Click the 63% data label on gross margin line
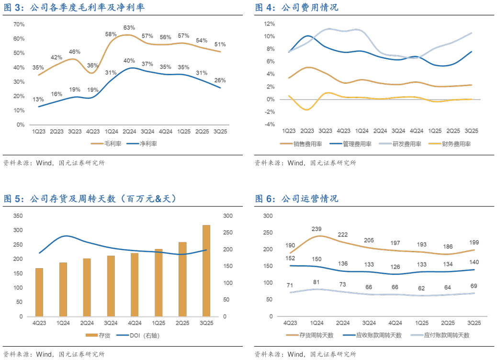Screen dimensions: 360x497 pos(129,28)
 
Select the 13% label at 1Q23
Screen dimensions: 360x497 pos(38,99)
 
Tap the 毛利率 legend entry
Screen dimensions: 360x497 pos(111,143)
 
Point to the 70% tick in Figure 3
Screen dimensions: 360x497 pos(19,24)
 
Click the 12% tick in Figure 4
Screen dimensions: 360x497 pos(269,24)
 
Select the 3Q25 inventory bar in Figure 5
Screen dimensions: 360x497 pos(206,270)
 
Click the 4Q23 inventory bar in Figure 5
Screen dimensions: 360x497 pos(39,292)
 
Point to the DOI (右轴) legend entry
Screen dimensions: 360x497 pos(146,336)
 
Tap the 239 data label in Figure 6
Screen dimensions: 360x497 pos(316,229)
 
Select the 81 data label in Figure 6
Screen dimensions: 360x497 pos(316,282)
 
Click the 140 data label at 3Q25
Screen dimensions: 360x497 pos(474,262)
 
